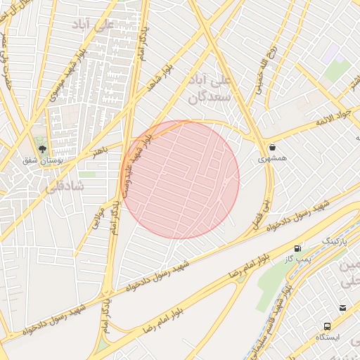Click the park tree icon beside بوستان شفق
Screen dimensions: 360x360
(x=42, y=149)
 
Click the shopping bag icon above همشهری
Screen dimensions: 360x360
(x=272, y=148)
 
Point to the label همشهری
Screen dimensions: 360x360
(x=272, y=159)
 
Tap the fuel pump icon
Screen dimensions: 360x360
(x=299, y=248)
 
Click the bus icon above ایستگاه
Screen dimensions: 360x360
(x=328, y=326)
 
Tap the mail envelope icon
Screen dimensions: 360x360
(x=342, y=308)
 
